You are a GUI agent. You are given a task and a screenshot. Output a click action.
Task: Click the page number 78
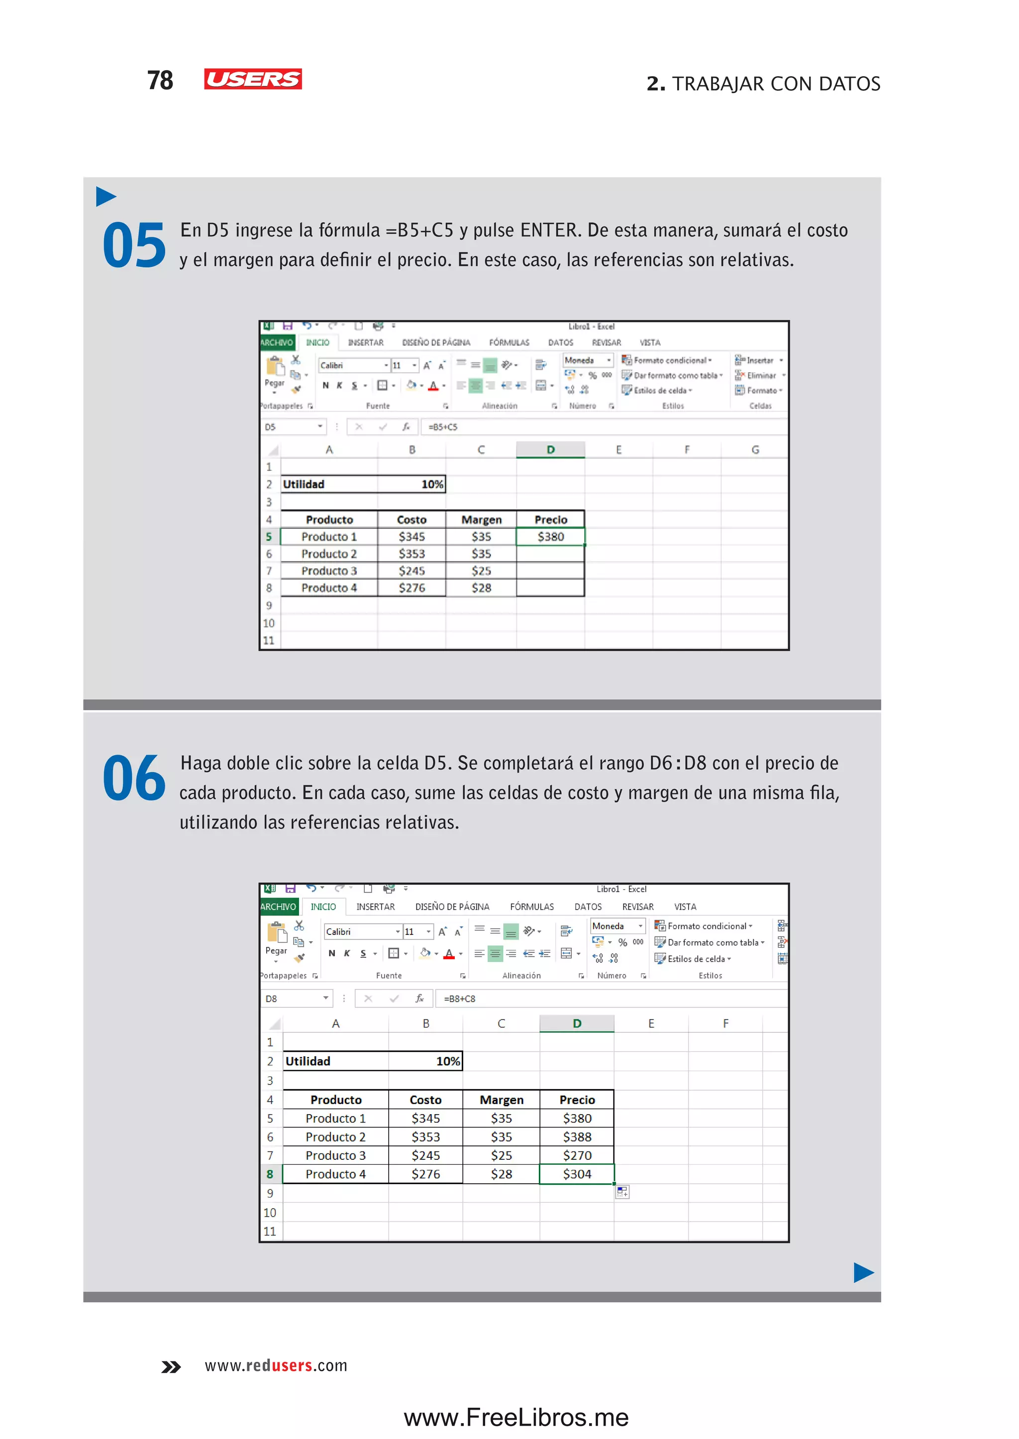[160, 80]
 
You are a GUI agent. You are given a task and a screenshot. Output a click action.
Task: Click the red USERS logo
[253, 79]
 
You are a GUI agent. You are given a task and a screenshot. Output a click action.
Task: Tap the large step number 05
[134, 245]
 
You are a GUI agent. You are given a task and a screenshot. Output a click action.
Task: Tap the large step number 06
[134, 778]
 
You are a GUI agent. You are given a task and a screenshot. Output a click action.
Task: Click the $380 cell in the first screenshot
[550, 536]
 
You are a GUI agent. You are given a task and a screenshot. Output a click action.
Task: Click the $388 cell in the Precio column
[577, 1137]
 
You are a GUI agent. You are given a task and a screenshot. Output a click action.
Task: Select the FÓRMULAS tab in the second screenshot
[531, 907]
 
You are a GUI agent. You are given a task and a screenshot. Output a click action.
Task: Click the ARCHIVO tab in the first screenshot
[277, 343]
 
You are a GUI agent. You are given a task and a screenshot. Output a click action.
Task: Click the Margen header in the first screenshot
[481, 519]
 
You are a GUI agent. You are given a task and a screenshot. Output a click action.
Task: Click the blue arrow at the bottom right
[863, 1273]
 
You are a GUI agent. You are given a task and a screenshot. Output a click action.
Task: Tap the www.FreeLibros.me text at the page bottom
[516, 1418]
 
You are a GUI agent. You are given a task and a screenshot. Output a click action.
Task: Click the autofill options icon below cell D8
[622, 1191]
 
